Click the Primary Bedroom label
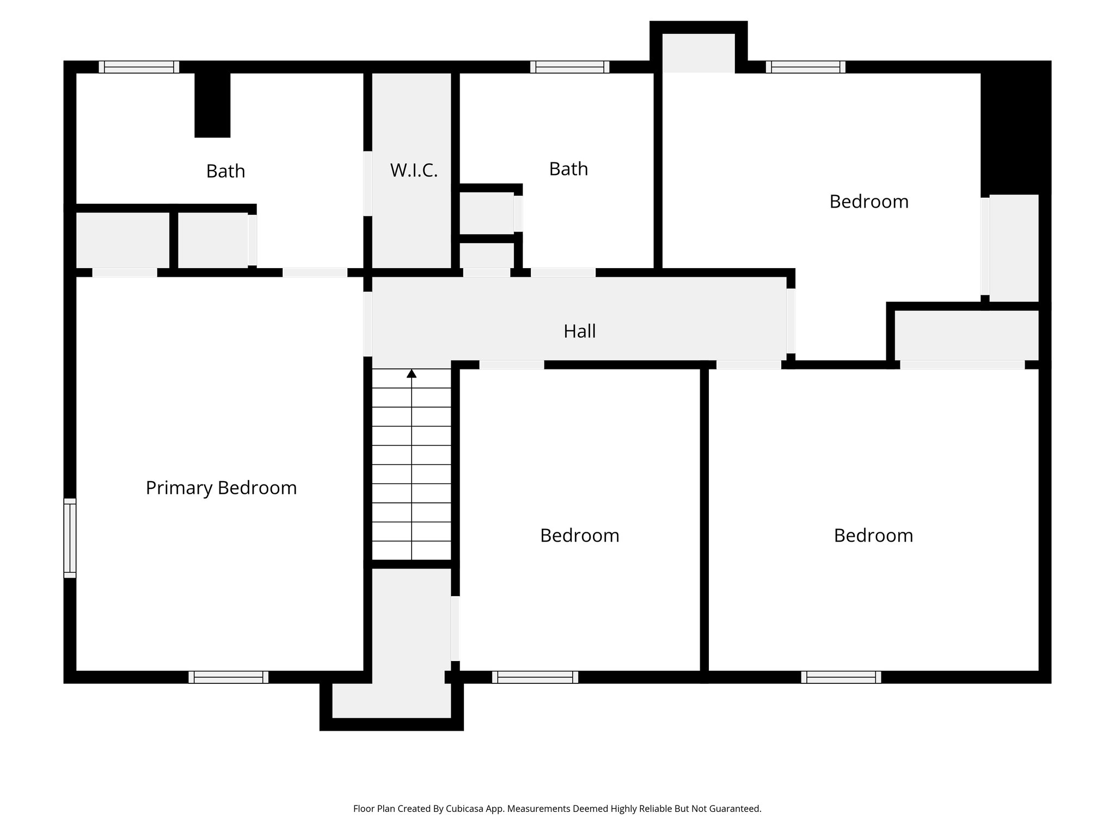[x=221, y=488]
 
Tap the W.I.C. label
[x=414, y=171]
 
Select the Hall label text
[x=579, y=331]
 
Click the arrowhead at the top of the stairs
[x=412, y=374]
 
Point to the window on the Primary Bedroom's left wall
[x=70, y=537]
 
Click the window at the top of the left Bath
[x=139, y=67]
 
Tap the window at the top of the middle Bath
[x=569, y=67]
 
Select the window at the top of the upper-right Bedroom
[x=805, y=67]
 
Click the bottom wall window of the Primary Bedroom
[x=228, y=677]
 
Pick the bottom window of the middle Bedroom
[x=535, y=677]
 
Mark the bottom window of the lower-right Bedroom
[x=841, y=677]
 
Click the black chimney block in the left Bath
[x=212, y=105]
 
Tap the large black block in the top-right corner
[x=1015, y=128]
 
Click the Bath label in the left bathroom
[x=225, y=172]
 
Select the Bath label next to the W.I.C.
[x=568, y=169]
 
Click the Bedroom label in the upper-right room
[x=869, y=202]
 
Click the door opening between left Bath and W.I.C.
[x=367, y=183]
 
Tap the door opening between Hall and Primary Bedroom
[x=367, y=324]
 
